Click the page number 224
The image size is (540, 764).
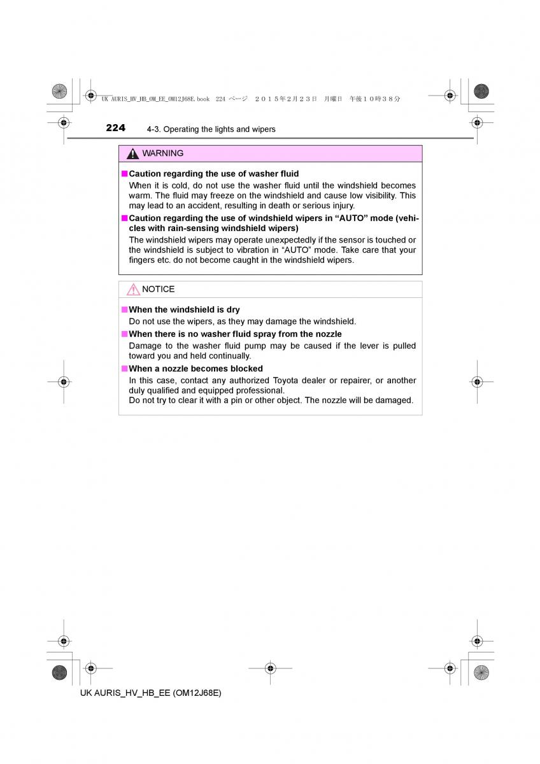(x=115, y=128)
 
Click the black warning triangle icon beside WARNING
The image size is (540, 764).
(x=132, y=154)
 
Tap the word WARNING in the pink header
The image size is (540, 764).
(x=163, y=153)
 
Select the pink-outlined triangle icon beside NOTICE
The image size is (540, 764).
(x=132, y=290)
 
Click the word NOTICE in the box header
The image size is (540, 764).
(x=158, y=289)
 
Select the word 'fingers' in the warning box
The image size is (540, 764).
(x=143, y=260)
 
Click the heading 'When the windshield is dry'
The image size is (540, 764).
(x=184, y=310)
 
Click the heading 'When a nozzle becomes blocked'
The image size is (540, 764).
(x=195, y=369)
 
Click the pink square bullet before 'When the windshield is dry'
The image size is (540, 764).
(x=125, y=310)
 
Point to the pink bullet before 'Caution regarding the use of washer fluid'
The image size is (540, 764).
(x=125, y=174)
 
